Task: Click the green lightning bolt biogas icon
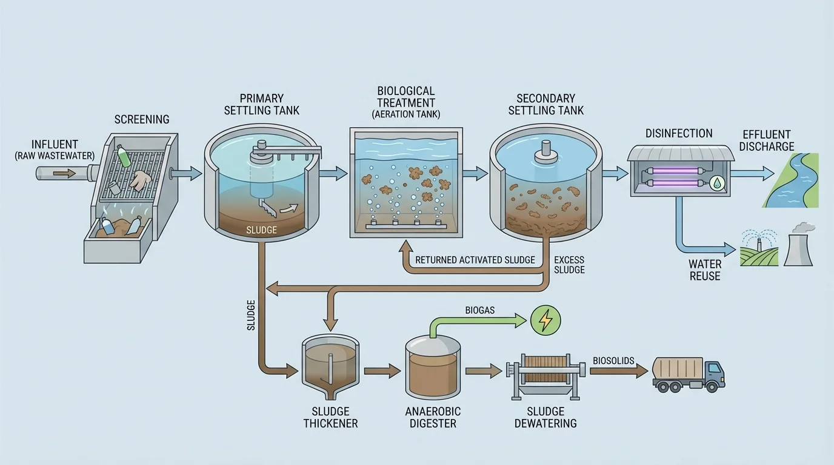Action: (545, 320)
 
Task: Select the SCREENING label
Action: (142, 120)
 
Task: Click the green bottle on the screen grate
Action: (124, 157)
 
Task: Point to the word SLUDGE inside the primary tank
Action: (262, 230)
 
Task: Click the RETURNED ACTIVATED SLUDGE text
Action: (475, 260)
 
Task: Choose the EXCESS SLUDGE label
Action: (569, 265)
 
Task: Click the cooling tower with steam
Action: (798, 247)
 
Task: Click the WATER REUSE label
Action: (705, 270)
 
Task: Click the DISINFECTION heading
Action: (679, 133)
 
